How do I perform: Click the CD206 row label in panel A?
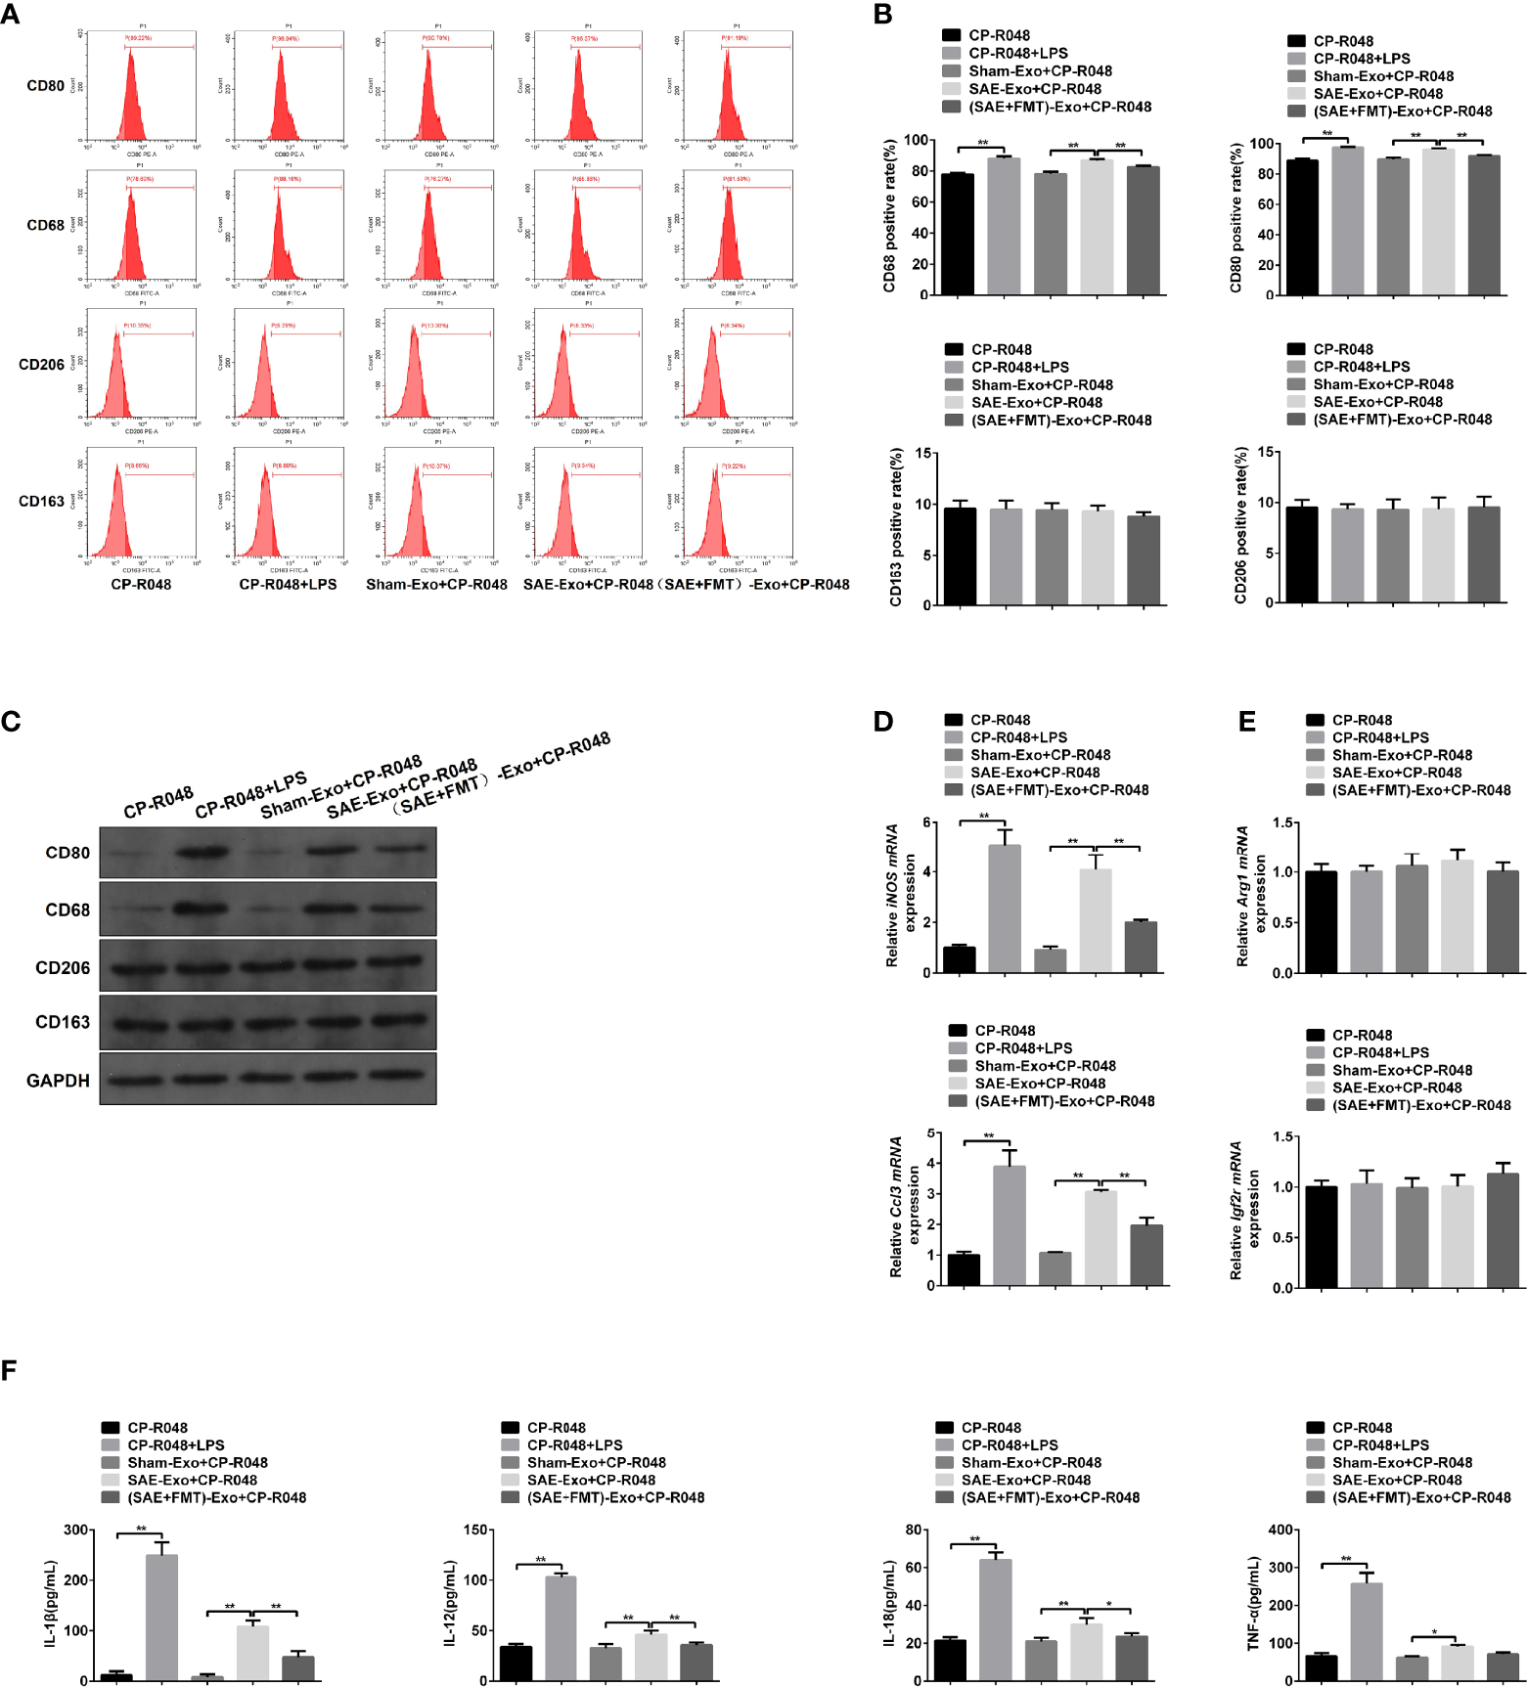[x=41, y=365]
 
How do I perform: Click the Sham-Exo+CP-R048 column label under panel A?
[x=436, y=585]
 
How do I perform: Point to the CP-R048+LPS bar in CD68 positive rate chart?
[x=1004, y=226]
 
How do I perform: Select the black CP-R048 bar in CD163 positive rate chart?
[x=960, y=555]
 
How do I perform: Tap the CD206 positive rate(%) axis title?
[x=1240, y=525]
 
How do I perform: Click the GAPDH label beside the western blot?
[x=58, y=1081]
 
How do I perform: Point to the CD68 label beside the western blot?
[x=67, y=910]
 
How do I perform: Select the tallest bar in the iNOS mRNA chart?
[x=1005, y=908]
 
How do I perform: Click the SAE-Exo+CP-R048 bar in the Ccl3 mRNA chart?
[x=1100, y=1237]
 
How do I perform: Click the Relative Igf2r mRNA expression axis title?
[x=1244, y=1211]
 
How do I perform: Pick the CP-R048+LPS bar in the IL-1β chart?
[x=161, y=1617]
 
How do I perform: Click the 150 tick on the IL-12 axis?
[x=475, y=1530]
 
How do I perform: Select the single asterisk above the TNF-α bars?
[x=1434, y=1632]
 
